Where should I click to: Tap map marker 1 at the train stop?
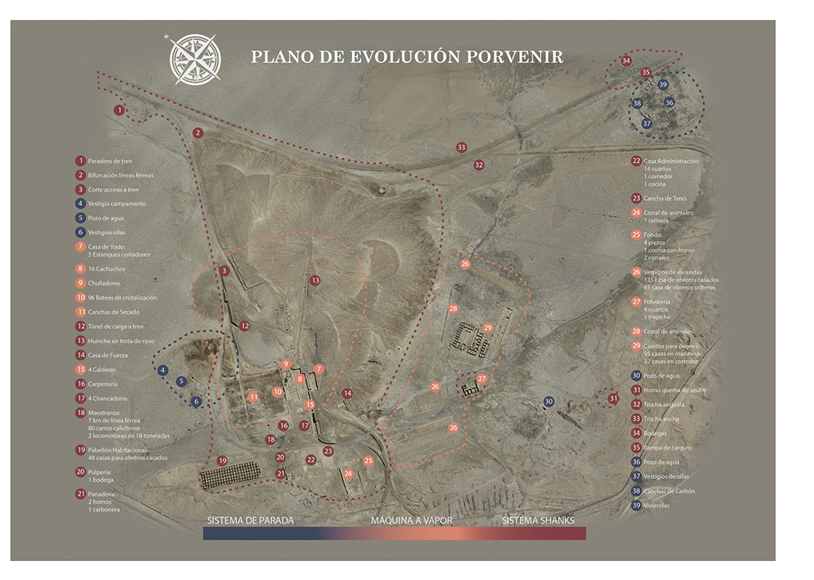119,110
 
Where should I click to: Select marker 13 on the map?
315,280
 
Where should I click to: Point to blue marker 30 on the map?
548,402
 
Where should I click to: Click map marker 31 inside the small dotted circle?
613,398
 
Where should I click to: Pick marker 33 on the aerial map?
461,148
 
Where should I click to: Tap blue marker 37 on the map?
646,123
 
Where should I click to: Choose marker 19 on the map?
222,461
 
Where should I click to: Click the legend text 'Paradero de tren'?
110,160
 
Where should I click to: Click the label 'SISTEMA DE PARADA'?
250,521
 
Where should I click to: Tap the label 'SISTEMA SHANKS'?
538,521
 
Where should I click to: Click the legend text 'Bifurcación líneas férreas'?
121,175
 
